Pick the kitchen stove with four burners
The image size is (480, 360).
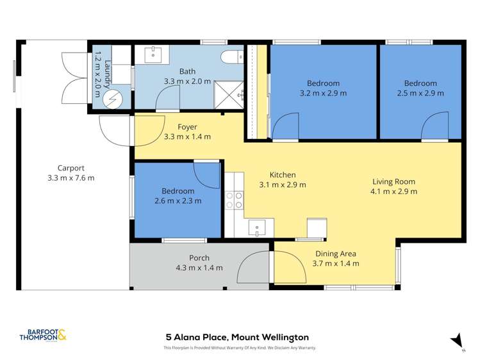click(235, 200)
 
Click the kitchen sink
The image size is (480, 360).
click(257, 227)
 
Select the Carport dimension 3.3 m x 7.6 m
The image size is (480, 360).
click(70, 177)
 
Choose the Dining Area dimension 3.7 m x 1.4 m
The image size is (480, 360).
click(335, 263)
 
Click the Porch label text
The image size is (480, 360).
click(199, 258)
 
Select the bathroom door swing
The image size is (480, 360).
click(168, 99)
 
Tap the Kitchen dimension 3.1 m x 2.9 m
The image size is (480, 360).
click(282, 184)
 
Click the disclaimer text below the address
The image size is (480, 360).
click(240, 348)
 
